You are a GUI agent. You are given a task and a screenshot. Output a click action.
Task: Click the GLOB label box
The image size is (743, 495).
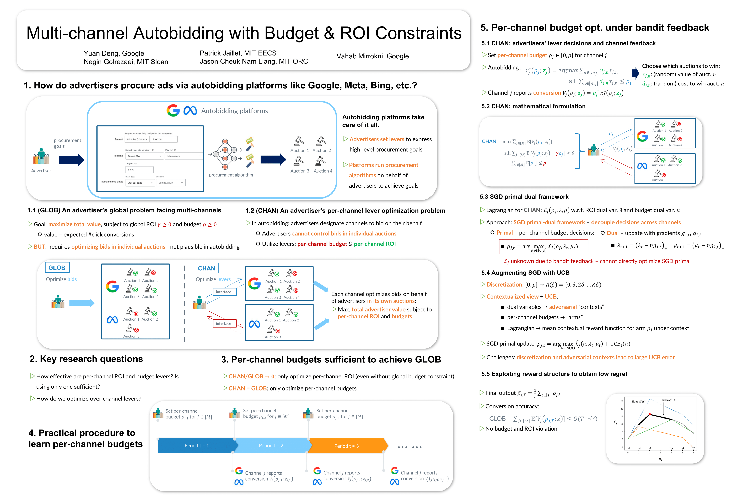[57, 268]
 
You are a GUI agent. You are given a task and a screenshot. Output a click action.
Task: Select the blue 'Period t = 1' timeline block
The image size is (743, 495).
[196, 445]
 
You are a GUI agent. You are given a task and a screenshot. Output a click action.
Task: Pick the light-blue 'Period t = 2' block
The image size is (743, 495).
[271, 445]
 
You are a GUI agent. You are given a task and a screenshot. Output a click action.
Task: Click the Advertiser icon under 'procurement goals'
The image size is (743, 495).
[41, 156]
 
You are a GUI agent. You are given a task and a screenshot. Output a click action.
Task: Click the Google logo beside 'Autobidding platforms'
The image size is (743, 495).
[173, 111]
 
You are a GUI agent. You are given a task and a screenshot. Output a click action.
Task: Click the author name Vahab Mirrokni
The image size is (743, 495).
[373, 56]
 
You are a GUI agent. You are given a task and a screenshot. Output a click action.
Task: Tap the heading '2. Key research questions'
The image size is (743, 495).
[86, 359]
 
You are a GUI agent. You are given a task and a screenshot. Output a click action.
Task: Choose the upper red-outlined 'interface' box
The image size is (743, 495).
[223, 292]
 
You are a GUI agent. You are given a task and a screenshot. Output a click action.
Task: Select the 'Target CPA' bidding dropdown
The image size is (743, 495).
[144, 156]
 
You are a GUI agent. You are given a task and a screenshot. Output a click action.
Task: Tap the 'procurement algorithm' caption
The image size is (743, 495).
[231, 175]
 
